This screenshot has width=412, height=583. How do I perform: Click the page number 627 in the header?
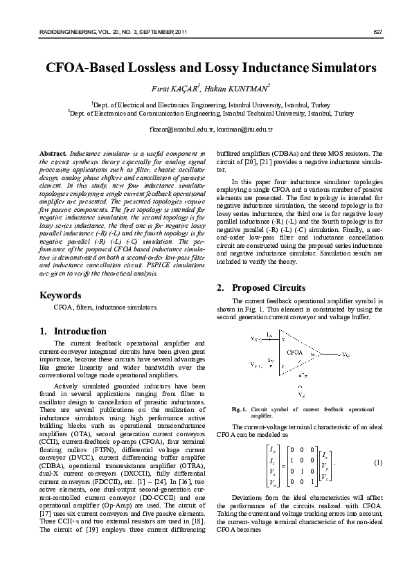click(377, 33)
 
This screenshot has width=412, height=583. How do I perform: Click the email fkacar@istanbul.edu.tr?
click(177, 129)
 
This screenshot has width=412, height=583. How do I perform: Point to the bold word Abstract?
click(54, 152)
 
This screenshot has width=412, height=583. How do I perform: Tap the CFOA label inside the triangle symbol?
click(294, 352)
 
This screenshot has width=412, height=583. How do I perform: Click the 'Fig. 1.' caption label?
click(240, 410)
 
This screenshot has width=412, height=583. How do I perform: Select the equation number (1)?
click(378, 462)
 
